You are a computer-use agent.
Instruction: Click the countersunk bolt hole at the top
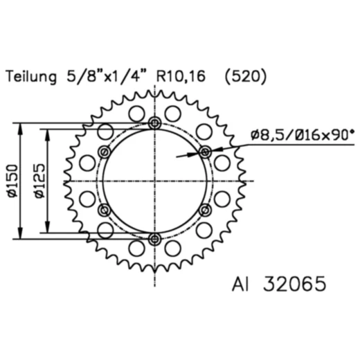pyautogui.click(x=154, y=123)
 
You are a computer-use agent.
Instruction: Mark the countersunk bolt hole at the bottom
pyautogui.click(x=154, y=239)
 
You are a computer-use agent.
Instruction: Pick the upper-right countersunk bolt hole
pyautogui.click(x=204, y=152)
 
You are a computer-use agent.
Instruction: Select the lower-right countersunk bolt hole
pyautogui.click(x=204, y=210)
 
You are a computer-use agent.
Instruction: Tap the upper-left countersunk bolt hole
pyautogui.click(x=105, y=152)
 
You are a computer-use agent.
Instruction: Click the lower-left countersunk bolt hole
pyautogui.click(x=105, y=210)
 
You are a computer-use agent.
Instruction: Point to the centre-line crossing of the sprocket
pyautogui.click(x=154, y=181)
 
